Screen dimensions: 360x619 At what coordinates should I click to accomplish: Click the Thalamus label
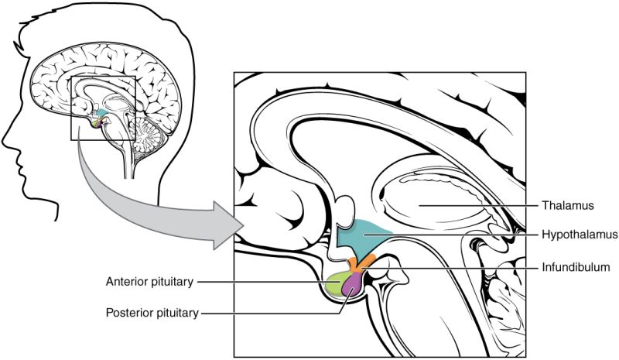[567, 206]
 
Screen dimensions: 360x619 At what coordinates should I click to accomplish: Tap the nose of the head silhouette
[6, 139]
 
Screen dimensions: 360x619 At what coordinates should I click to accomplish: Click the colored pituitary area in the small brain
[97, 122]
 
